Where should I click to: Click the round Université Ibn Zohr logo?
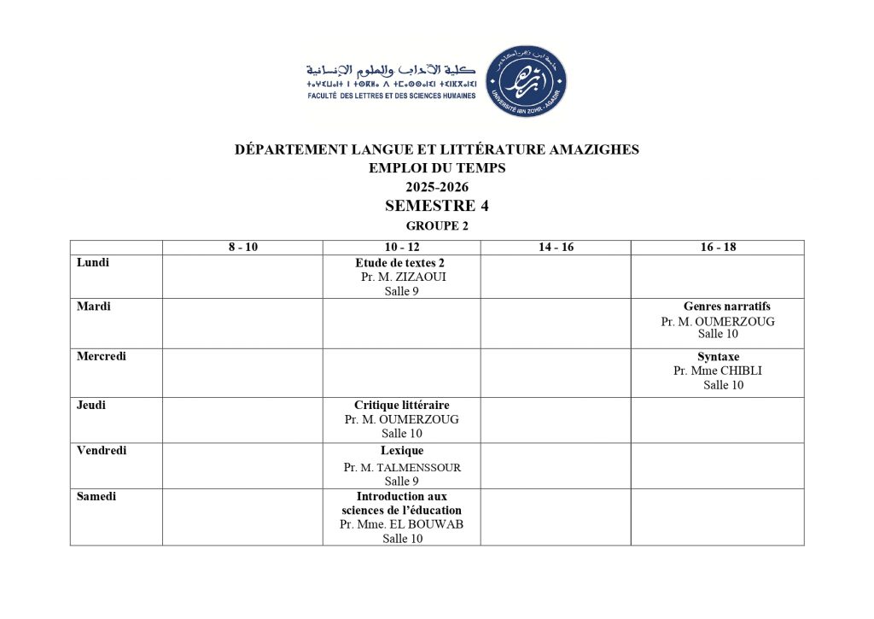tap(526, 82)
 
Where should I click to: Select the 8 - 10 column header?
tap(242, 248)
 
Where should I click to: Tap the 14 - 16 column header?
tap(556, 248)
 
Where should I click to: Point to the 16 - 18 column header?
tap(718, 248)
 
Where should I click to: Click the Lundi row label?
tap(93, 263)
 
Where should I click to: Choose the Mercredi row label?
tap(102, 356)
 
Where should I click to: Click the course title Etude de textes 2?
tap(401, 263)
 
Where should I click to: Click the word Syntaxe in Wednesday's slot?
tap(718, 356)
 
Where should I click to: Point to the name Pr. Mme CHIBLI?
tap(718, 371)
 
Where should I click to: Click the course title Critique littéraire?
tap(401, 405)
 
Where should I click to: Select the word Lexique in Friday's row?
tap(401, 450)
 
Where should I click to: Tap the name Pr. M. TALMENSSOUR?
tap(402, 467)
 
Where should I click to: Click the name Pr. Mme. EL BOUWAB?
tap(401, 524)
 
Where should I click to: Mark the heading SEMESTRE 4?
tap(436, 206)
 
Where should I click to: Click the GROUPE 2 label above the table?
tap(437, 226)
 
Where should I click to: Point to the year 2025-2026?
tap(437, 187)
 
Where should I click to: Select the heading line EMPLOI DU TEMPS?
tap(437, 168)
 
